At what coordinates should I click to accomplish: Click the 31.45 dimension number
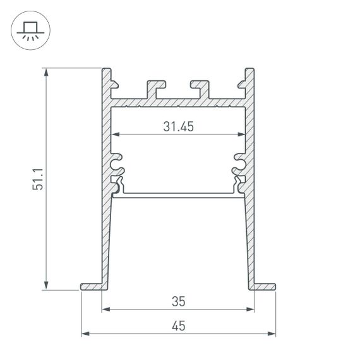tap(177, 126)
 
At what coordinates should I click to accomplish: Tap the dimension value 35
tap(177, 301)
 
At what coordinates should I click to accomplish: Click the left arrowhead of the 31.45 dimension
tap(116, 135)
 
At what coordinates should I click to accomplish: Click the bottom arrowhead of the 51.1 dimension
tap(47, 285)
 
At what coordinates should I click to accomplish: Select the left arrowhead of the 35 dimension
tap(105, 309)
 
